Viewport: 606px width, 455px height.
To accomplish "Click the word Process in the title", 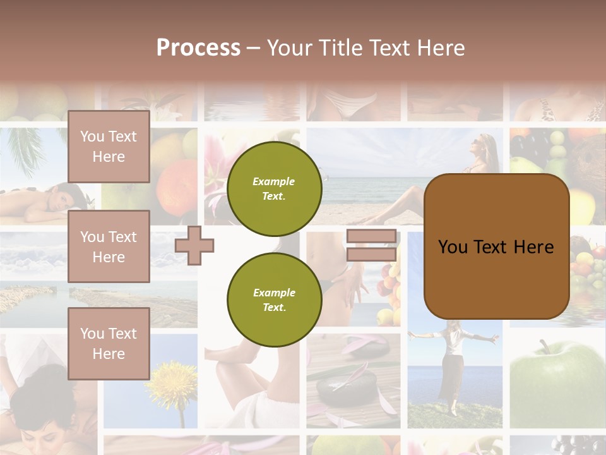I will (198, 48).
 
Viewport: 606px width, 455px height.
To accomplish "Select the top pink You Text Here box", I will (109, 147).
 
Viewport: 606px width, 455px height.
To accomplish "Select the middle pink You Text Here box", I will (109, 246).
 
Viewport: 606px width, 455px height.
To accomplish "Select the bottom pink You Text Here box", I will (109, 343).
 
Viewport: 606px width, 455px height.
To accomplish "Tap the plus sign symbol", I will (194, 245).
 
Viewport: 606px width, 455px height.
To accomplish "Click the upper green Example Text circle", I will (274, 189).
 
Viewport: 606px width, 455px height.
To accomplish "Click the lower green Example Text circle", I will (274, 300).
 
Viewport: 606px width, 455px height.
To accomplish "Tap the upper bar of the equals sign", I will (371, 236).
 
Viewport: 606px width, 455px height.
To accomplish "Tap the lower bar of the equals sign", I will (371, 255).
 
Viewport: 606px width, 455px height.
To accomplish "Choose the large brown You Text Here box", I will (496, 246).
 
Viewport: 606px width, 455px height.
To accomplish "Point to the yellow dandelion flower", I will (172, 382).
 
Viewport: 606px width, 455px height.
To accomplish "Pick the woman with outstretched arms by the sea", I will (453, 367).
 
